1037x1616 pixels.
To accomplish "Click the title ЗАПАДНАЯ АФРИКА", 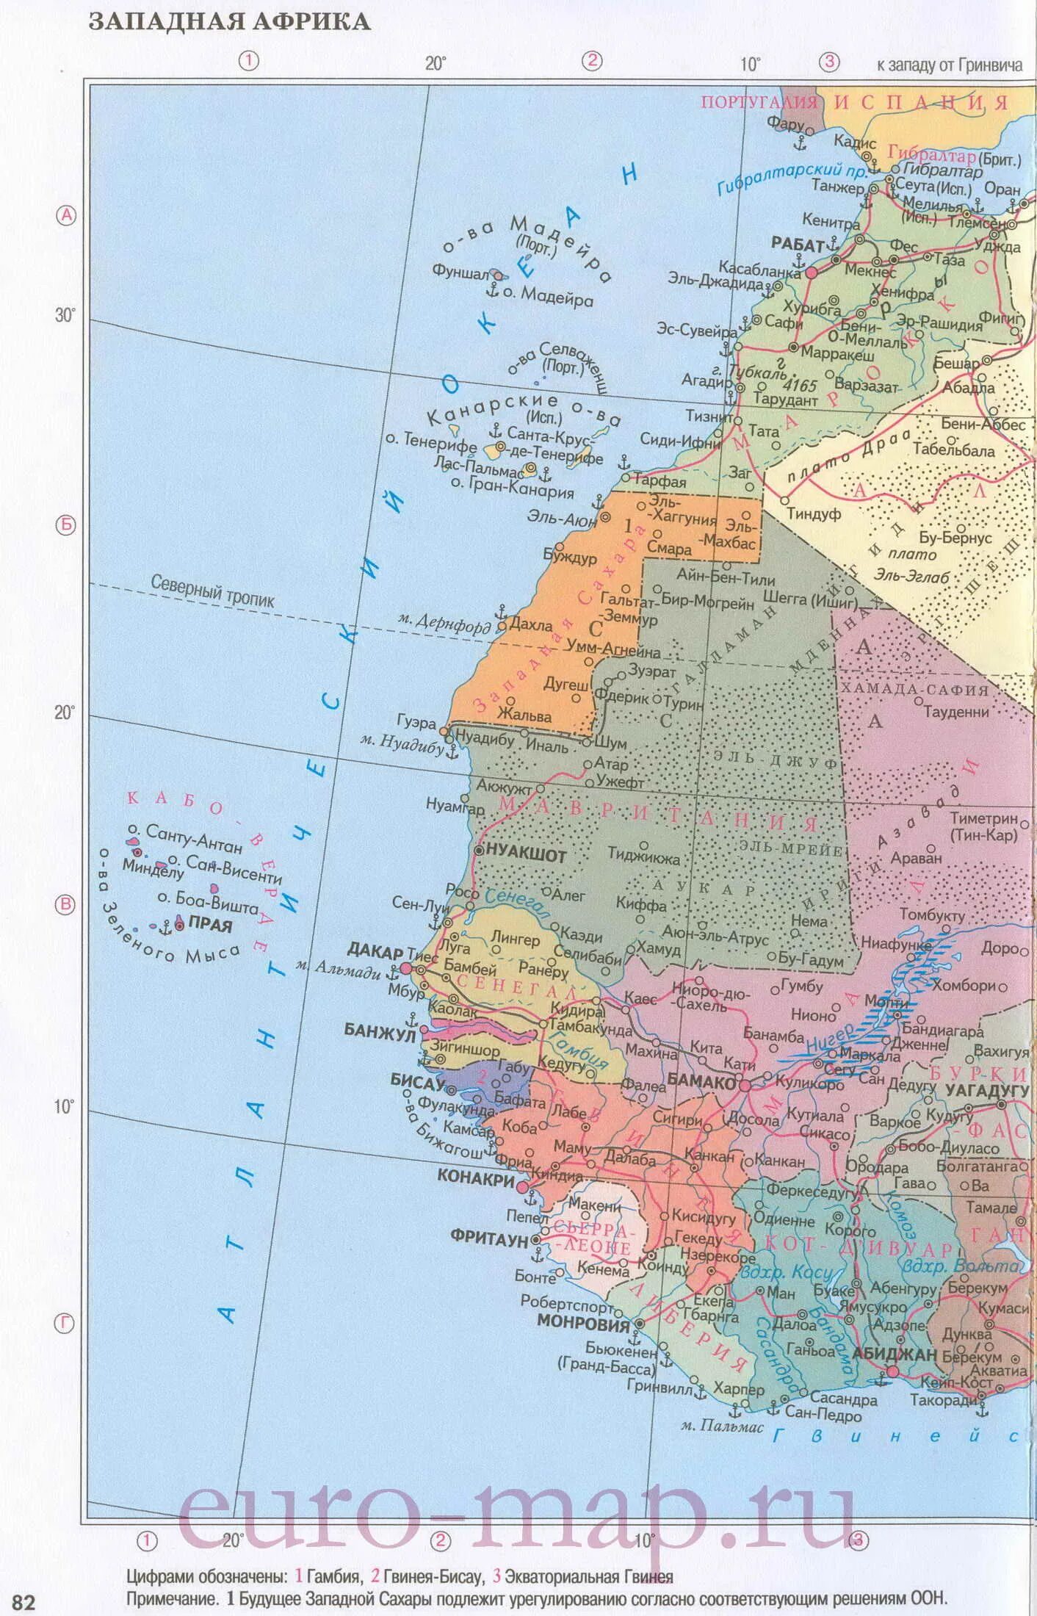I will point(229,22).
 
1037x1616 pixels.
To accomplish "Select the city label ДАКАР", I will point(375,951).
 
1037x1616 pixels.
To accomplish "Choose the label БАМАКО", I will point(701,1081).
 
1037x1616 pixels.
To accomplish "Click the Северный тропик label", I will point(212,591).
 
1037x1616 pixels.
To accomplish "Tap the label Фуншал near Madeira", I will point(460,273).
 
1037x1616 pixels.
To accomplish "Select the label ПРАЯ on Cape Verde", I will point(211,925).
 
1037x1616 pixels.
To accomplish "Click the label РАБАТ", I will point(798,245).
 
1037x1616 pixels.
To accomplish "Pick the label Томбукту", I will point(931,915).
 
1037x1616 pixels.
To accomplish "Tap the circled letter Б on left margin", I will point(66,525).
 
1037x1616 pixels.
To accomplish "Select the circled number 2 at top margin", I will point(592,61).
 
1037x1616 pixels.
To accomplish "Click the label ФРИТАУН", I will point(489,1239).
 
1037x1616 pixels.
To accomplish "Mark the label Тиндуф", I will point(814,514).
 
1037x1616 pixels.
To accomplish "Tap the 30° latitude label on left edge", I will point(65,315).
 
